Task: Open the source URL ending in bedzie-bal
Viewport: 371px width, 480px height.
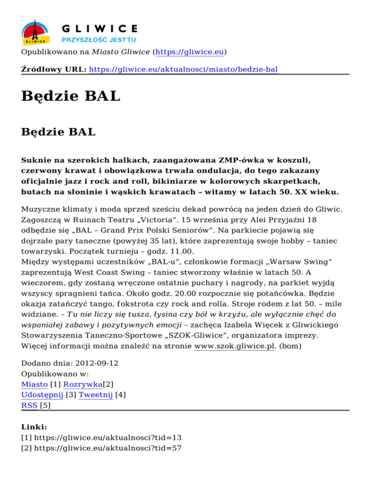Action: click(184, 69)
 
